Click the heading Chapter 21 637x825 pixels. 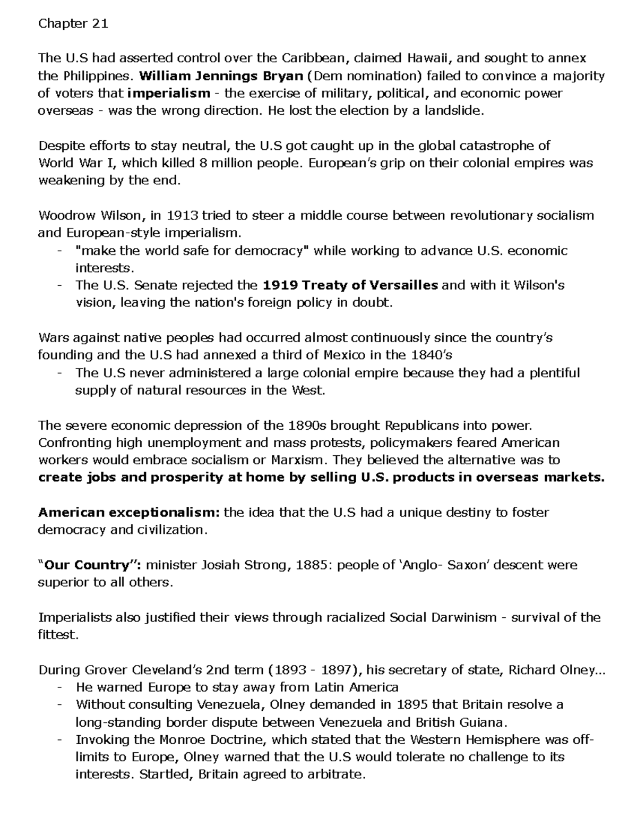click(73, 24)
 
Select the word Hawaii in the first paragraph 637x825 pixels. click(427, 58)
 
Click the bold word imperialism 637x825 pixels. click(169, 93)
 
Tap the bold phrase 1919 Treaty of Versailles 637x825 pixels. click(350, 285)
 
